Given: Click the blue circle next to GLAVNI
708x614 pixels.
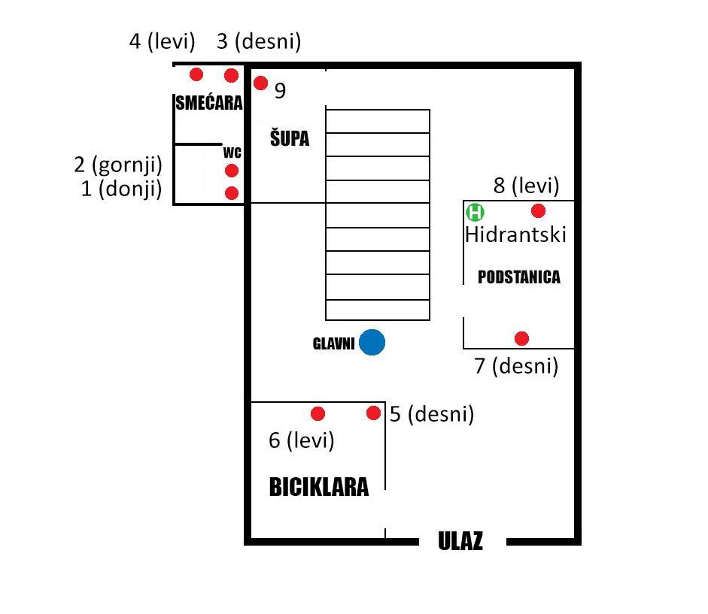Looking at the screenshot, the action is tap(372, 343).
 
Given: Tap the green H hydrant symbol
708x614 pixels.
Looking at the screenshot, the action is tap(475, 212).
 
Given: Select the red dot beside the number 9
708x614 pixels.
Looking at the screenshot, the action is tap(260, 83).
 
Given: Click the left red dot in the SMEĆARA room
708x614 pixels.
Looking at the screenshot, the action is tap(196, 74).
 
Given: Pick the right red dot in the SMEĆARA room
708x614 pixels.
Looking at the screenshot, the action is tap(231, 75).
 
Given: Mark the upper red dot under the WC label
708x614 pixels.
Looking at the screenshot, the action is tap(232, 171).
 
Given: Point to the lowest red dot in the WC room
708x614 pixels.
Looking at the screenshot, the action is tap(232, 193).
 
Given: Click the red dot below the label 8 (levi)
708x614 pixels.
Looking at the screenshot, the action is tap(538, 210).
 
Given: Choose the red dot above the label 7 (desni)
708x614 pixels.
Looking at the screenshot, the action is tap(521, 338).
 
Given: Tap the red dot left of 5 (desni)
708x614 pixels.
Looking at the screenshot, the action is tap(373, 413).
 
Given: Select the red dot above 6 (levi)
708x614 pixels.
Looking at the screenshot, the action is tap(318, 413).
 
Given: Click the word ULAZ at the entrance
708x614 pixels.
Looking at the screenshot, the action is tap(460, 540).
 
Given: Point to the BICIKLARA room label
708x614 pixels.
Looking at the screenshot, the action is tap(319, 487).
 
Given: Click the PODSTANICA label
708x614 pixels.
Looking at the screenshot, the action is tap(519, 277).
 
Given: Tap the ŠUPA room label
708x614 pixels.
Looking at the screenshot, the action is tap(290, 138).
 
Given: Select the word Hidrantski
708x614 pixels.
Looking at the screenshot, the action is tap(515, 234).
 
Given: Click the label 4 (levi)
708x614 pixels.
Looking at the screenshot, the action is tap(162, 41).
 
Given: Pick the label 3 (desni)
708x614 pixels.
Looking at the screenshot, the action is tap(259, 41).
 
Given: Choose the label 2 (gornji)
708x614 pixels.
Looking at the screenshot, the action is tap(118, 165).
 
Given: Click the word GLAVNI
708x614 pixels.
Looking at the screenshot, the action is tap(333, 343).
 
